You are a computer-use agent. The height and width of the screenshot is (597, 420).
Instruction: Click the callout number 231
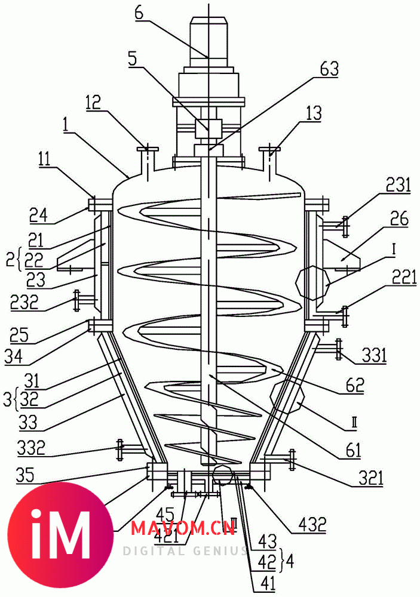pyautogui.click(x=398, y=186)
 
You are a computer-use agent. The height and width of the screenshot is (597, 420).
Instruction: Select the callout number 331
pyautogui.click(x=374, y=357)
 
